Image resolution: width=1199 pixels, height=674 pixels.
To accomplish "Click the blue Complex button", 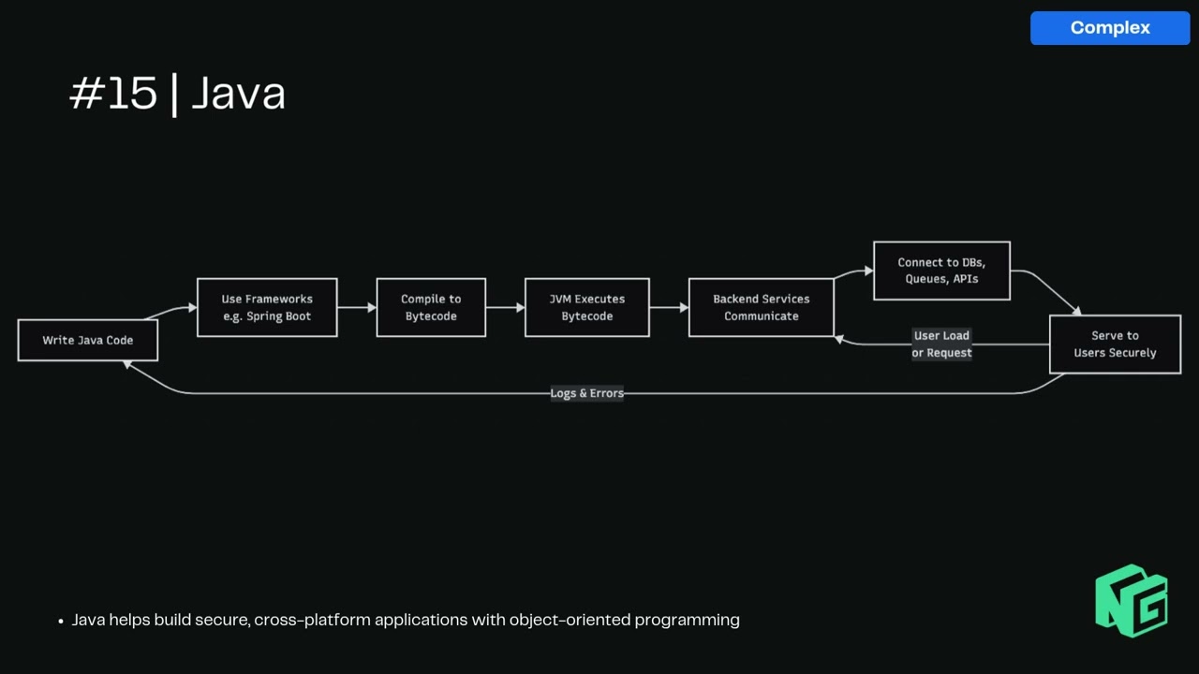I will point(1110,28).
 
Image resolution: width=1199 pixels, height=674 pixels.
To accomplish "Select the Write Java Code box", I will point(88,341).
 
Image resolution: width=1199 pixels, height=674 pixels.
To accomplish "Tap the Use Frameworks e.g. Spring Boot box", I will point(267,308).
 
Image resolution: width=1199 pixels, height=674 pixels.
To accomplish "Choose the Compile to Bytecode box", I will point(431,308).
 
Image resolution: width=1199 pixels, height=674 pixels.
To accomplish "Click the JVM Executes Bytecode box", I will point(586,308).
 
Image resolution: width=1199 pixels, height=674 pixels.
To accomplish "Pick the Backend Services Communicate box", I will point(761,308).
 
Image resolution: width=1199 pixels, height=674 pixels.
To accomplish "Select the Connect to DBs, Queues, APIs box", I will point(941,271).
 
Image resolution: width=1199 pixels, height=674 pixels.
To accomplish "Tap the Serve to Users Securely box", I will point(1115,344).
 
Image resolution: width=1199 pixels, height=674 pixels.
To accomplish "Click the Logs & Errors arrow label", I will point(586,393).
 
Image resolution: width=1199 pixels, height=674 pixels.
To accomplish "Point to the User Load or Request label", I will point(941,344).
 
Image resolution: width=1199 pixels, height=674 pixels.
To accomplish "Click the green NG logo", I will point(1132,600).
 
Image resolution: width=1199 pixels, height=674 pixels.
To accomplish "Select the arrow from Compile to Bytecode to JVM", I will point(505,307).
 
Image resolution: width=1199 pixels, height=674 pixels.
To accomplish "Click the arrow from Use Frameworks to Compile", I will point(357,307).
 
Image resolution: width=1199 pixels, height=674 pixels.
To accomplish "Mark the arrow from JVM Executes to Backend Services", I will point(669,307).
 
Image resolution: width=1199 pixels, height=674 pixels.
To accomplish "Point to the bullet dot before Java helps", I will point(61,621).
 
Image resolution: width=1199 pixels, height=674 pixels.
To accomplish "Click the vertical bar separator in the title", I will point(174,95).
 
